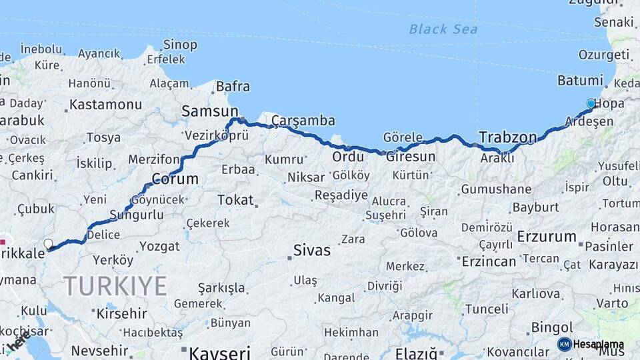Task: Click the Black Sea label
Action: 443,29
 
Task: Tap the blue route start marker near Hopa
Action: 591,103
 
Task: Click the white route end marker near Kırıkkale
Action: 48,244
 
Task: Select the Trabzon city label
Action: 507,138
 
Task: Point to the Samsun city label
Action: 209,111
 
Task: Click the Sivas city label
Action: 312,251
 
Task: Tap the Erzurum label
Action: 547,236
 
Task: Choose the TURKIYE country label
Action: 115,285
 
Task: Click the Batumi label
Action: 580,81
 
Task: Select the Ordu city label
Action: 349,157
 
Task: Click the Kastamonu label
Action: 106,105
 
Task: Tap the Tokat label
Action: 235,199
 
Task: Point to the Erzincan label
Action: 489,260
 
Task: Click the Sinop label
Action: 180,45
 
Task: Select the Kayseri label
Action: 219,352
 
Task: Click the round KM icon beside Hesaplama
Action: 564,344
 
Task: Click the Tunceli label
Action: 487,309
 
